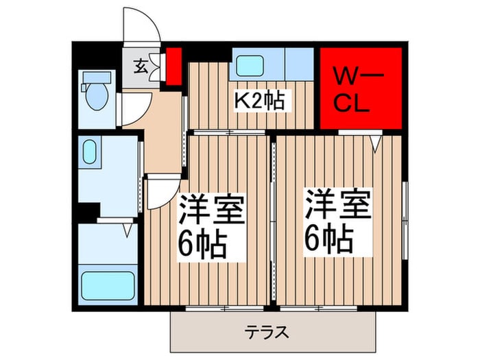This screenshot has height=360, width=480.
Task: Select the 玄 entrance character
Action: pos(140,67)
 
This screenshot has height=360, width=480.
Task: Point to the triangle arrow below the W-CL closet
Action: pos(374,143)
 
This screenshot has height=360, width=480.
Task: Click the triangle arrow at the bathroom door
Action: pos(128,230)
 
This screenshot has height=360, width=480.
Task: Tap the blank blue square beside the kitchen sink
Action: pos(300,64)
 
